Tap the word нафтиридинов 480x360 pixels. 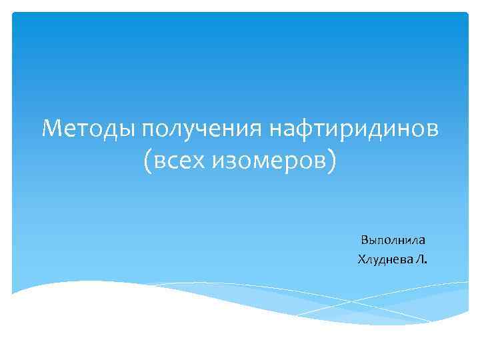coord(353,127)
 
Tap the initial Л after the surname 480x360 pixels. coord(420,257)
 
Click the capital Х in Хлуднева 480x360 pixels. coord(361,257)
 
